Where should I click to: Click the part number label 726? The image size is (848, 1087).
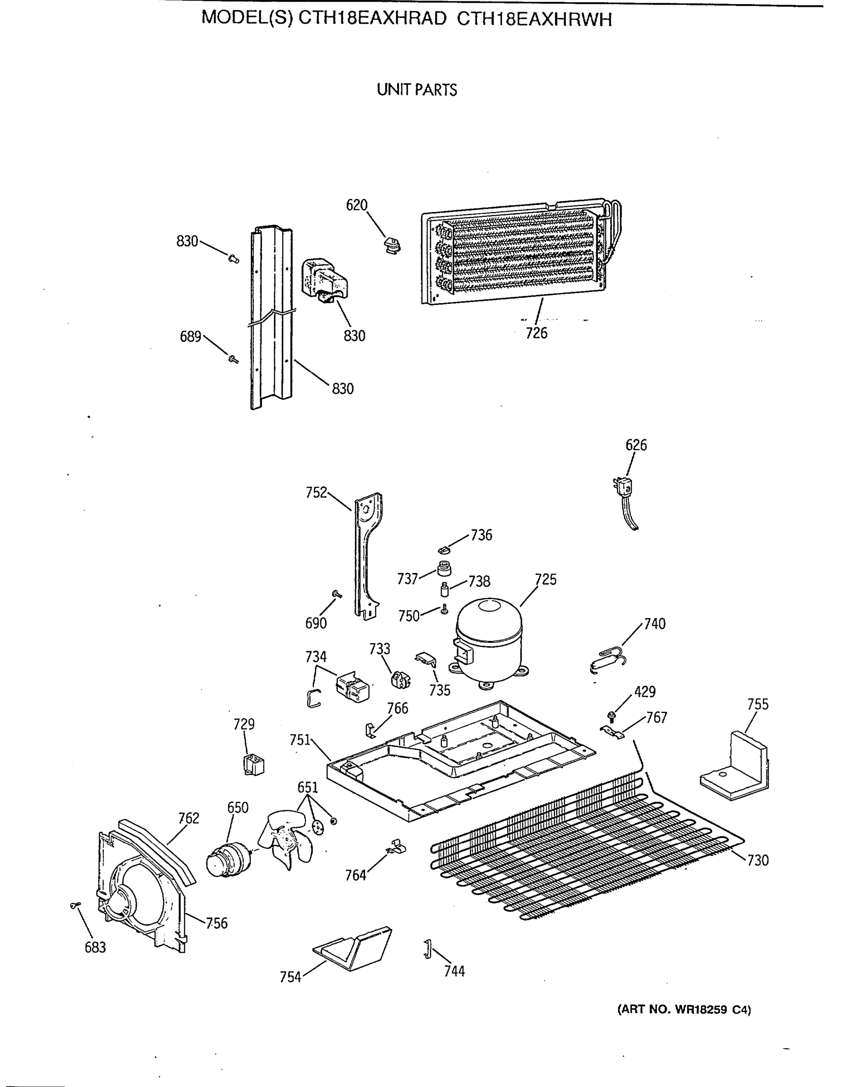537,333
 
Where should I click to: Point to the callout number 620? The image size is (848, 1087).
356,205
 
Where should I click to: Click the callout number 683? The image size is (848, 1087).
95,947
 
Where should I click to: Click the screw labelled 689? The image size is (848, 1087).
232,358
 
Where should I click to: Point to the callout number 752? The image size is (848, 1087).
316,493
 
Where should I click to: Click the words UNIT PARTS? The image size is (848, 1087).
417,90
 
